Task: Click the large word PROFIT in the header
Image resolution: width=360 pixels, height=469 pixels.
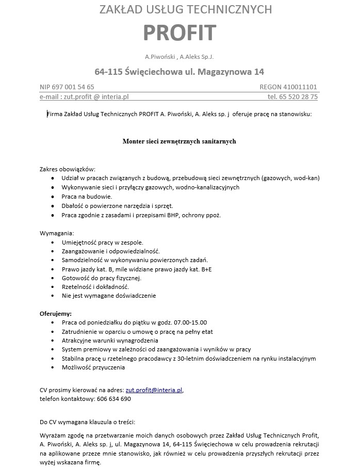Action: tap(179, 33)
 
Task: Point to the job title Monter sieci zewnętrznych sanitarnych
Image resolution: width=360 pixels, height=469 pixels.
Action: tap(179, 141)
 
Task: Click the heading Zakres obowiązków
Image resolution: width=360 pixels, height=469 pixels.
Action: tap(68, 169)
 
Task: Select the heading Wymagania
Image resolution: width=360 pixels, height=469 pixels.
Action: tap(57, 233)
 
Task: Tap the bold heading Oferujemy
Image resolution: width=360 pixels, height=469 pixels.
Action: tap(56, 313)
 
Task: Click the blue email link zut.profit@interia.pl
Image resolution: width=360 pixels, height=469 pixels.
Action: tap(154, 390)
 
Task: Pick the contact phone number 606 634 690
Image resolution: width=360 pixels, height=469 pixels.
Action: tap(113, 399)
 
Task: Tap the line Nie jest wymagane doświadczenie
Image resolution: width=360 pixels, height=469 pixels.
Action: tap(108, 296)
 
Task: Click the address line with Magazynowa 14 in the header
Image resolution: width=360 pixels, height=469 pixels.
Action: tap(179, 71)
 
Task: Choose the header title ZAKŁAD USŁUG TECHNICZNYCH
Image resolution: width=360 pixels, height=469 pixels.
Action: tap(179, 9)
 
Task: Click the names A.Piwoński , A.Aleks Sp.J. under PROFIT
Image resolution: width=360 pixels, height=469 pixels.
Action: tap(179, 56)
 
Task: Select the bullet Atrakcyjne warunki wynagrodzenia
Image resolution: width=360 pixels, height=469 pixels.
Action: tap(110, 341)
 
